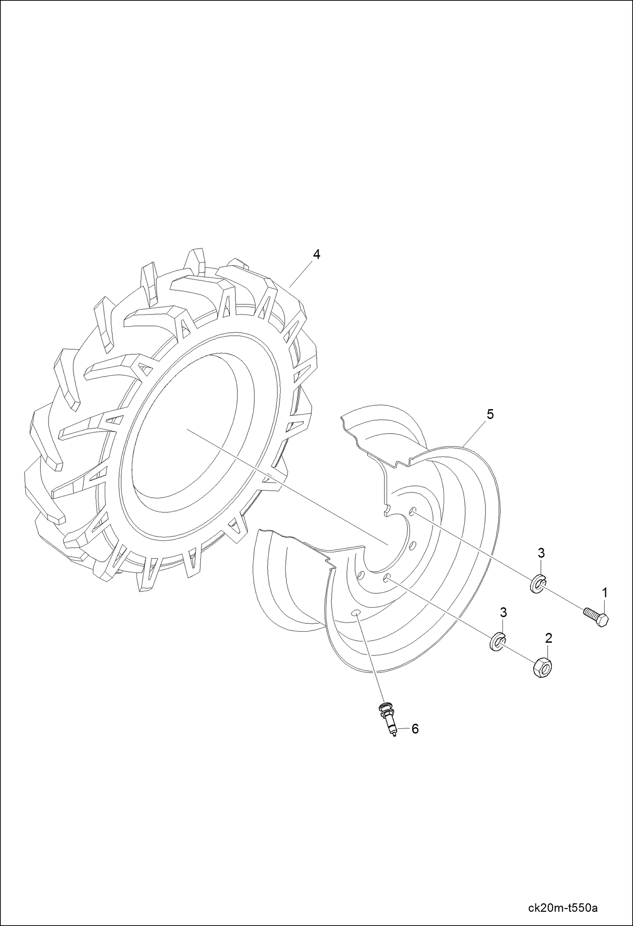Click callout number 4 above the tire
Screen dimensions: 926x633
pyautogui.click(x=316, y=255)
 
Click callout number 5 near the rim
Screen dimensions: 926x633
pyautogui.click(x=490, y=414)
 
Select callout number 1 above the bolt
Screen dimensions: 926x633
pyautogui.click(x=605, y=593)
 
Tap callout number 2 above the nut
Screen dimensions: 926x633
pyautogui.click(x=548, y=638)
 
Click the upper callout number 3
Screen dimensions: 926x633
pyautogui.click(x=541, y=553)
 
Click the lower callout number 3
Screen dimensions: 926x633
pyautogui.click(x=503, y=612)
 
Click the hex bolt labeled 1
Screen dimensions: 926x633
pyautogui.click(x=596, y=618)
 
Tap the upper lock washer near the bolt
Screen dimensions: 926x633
pyautogui.click(x=538, y=584)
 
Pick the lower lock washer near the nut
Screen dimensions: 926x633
pyautogui.click(x=497, y=643)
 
